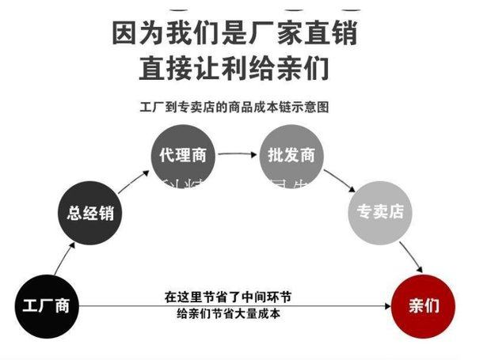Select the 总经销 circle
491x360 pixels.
92,211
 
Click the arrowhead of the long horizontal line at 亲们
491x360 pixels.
386,306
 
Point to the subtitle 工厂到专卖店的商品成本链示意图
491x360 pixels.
234,106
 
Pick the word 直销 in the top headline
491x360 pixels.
336,33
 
